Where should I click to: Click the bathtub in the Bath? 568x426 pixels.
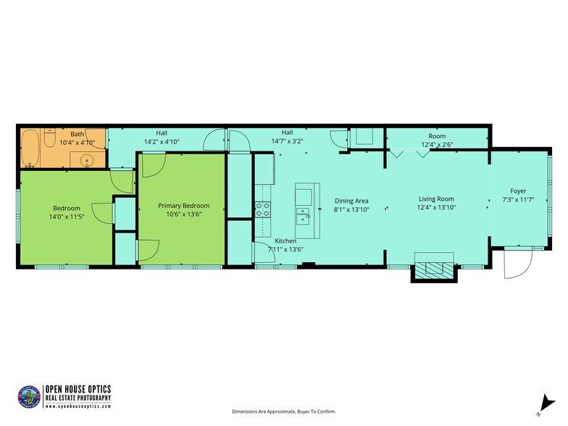[30, 149]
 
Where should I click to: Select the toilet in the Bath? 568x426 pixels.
[49, 137]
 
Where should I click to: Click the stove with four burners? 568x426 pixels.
[262, 209]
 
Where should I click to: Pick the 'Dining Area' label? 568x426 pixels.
[351, 200]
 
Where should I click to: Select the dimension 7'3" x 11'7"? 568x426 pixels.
[519, 200]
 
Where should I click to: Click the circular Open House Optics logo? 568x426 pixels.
[28, 395]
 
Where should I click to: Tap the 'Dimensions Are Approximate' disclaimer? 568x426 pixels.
[284, 412]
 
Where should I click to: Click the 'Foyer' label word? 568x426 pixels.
[519, 191]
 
